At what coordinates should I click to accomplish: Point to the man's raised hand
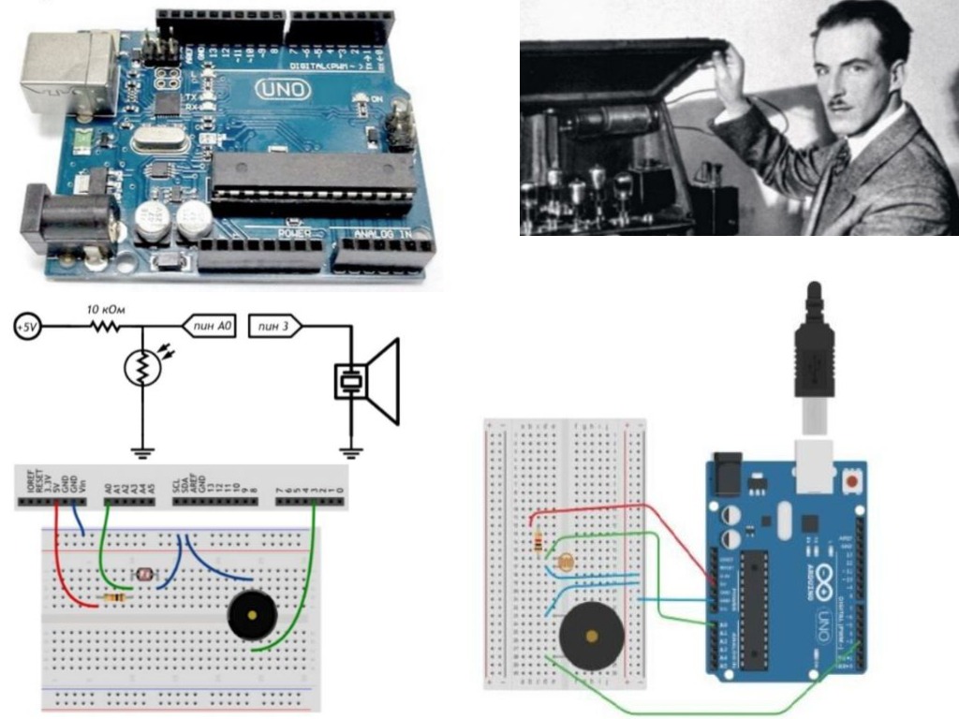point(727,71)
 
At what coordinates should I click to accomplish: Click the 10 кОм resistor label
point(104,309)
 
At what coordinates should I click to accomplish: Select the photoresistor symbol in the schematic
point(141,371)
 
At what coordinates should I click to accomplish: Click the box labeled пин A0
point(211,327)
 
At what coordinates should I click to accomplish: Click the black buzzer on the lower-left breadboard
point(252,615)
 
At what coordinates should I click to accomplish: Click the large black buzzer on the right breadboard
point(591,635)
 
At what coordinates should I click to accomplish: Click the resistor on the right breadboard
point(539,541)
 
